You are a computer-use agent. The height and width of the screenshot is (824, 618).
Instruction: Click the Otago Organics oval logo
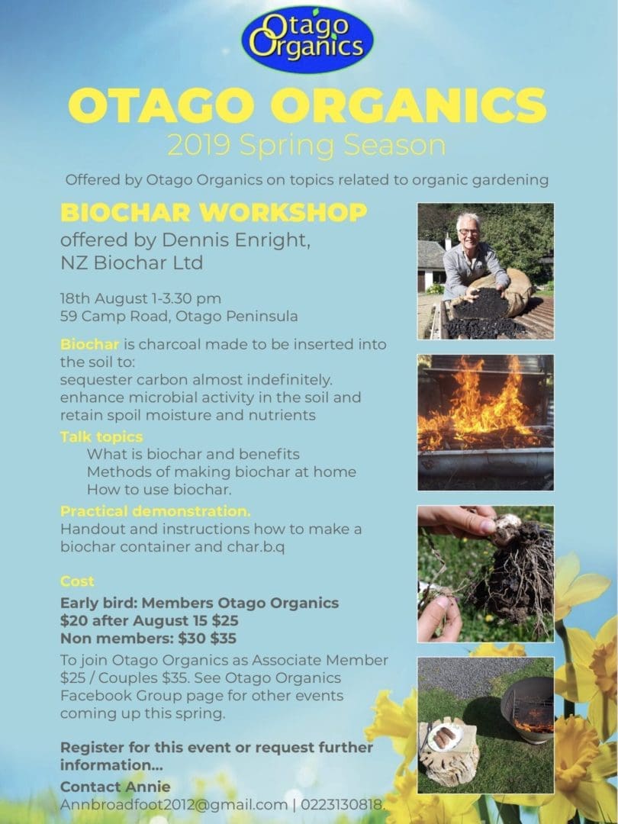307,40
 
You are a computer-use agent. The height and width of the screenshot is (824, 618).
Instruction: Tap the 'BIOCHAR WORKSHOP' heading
214,212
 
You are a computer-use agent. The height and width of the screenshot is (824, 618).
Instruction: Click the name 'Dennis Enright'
236,240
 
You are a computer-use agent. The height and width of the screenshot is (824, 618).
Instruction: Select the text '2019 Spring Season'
307,146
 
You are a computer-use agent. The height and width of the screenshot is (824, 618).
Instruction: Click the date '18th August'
104,298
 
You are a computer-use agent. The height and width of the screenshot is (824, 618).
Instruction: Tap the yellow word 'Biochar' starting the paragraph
89,344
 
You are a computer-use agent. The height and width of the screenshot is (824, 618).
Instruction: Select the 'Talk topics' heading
101,436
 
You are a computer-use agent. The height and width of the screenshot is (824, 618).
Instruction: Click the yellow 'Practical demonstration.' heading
156,510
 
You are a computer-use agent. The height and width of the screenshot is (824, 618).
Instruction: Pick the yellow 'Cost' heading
77,581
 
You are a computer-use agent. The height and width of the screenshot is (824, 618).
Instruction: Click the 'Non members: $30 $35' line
148,639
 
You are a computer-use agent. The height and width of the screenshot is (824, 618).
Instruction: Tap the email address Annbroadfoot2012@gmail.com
174,805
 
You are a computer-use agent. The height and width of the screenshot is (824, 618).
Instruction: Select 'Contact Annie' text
115,787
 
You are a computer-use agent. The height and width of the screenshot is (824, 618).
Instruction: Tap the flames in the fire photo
481,402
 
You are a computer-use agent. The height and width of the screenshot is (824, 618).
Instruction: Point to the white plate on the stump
445,736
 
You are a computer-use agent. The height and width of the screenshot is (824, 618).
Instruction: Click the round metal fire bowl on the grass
527,709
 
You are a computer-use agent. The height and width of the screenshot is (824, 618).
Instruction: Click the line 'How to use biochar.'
159,490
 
